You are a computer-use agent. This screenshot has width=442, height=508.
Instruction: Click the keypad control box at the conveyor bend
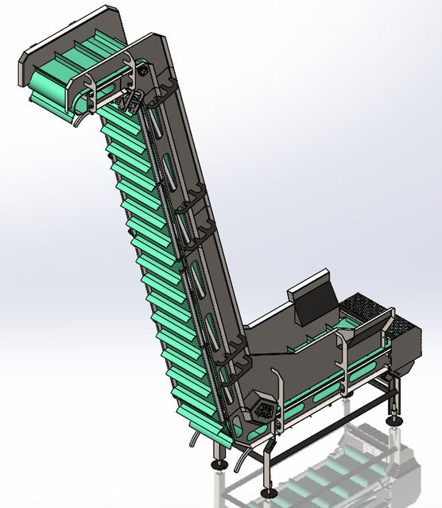[x=265, y=411]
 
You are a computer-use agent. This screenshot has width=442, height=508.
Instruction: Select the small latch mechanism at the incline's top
[x=134, y=101]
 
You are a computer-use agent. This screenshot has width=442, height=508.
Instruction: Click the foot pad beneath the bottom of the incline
[x=221, y=462]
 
